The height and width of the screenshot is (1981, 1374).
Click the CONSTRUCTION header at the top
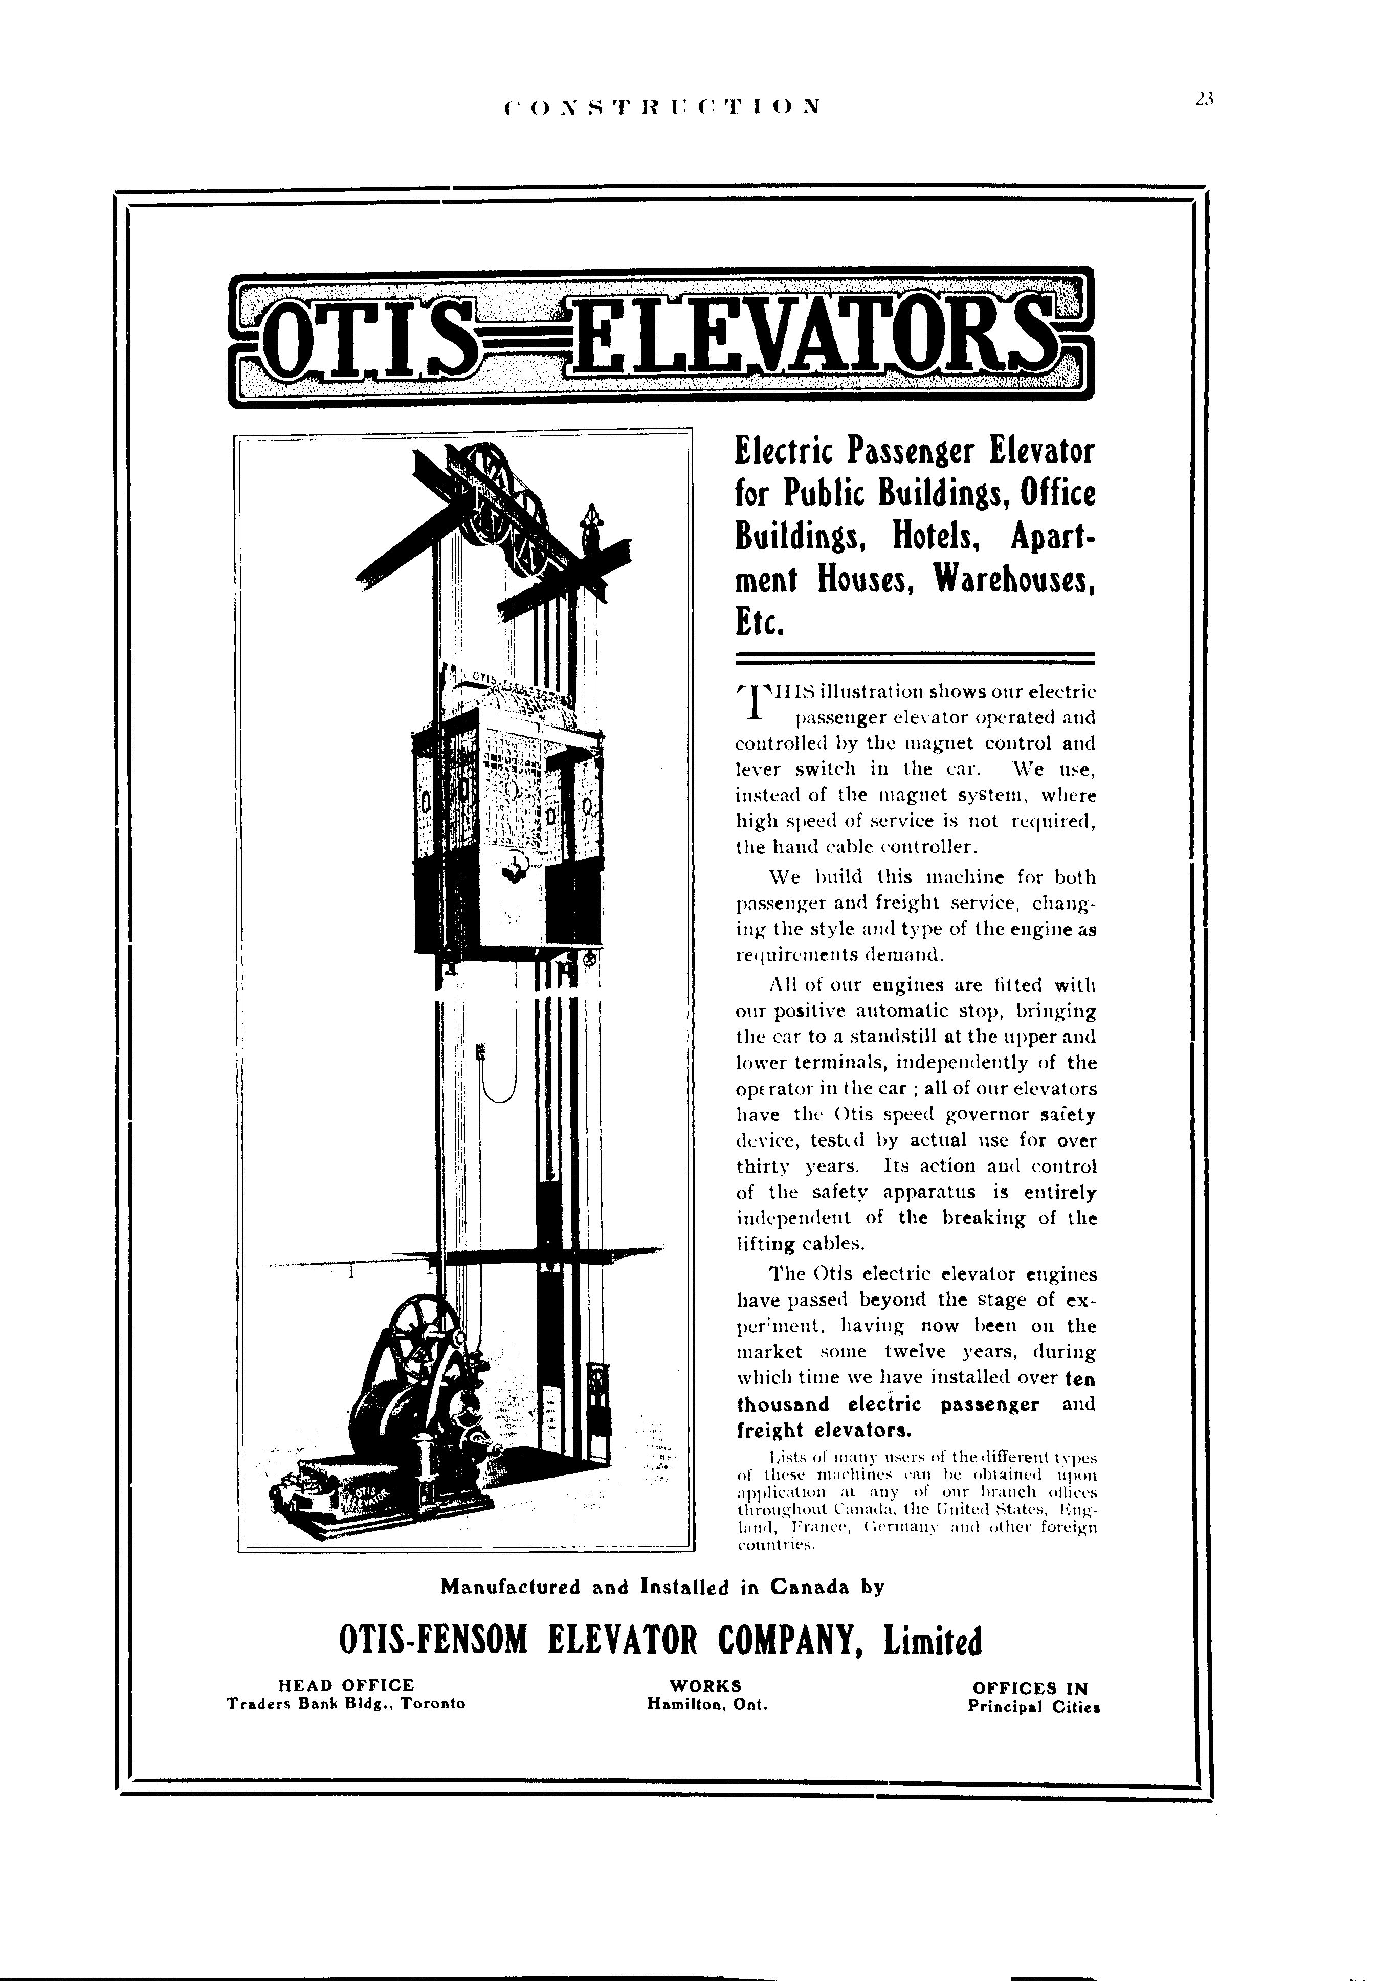pos(661,107)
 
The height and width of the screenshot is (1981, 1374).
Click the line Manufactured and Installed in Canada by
pos(662,1587)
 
